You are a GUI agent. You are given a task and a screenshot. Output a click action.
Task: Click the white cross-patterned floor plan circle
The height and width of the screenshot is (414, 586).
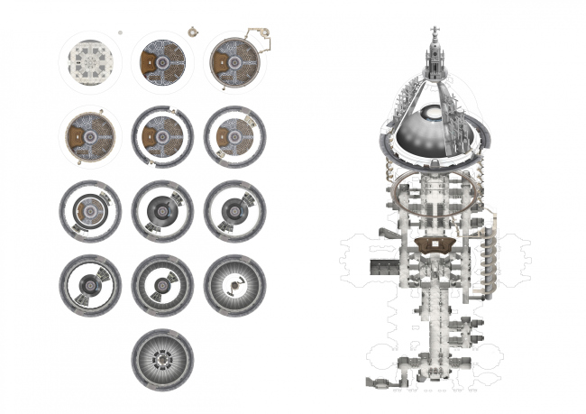(89, 61)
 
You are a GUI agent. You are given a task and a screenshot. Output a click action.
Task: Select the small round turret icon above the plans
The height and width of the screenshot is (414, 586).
(191, 32)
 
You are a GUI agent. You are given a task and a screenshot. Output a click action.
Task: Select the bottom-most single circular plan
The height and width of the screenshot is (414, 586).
(162, 358)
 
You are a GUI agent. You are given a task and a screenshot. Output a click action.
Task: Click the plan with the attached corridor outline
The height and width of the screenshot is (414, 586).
(235, 61)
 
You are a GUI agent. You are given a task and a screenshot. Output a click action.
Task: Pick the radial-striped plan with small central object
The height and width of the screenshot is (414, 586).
(234, 285)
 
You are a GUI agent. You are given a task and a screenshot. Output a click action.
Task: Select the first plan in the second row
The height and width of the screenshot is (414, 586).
(89, 137)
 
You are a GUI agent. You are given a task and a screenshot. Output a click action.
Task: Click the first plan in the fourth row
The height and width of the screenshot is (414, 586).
(89, 285)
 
